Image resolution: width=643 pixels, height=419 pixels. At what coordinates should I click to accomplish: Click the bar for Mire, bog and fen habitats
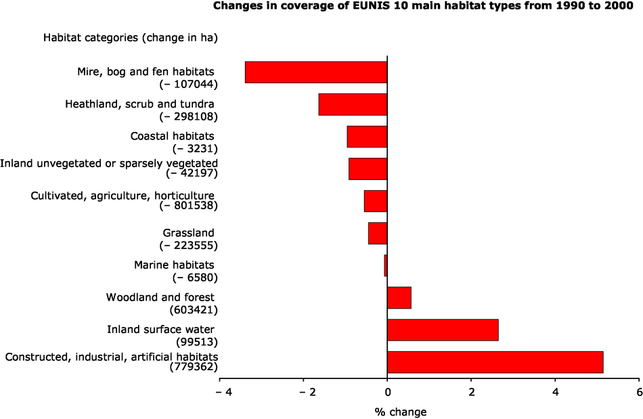(x=316, y=72)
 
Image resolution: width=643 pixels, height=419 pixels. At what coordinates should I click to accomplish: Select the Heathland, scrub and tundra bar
(x=353, y=104)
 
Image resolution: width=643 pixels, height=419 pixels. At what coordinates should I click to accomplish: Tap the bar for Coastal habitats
(x=367, y=136)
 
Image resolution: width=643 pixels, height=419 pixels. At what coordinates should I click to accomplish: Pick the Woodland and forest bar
(x=399, y=298)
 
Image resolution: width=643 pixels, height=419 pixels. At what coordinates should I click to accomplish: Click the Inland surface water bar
(x=443, y=330)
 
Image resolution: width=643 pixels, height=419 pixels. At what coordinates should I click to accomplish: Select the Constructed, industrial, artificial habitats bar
(x=495, y=362)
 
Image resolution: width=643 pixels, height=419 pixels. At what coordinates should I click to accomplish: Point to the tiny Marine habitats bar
(x=386, y=265)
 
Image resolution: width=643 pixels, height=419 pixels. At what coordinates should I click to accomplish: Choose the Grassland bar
(x=378, y=233)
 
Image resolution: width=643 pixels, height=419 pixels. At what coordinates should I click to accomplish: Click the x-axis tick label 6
(x=638, y=392)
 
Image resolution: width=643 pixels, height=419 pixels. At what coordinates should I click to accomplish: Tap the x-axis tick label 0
(x=387, y=392)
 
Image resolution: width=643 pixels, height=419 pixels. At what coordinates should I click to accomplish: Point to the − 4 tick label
(x=219, y=392)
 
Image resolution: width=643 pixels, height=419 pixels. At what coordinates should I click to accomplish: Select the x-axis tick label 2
(x=471, y=392)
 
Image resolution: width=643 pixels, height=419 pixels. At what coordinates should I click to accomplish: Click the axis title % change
(x=400, y=411)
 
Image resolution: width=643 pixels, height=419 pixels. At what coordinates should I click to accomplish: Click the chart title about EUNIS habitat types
(x=427, y=7)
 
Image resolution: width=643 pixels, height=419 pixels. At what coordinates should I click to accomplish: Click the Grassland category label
(x=192, y=233)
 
